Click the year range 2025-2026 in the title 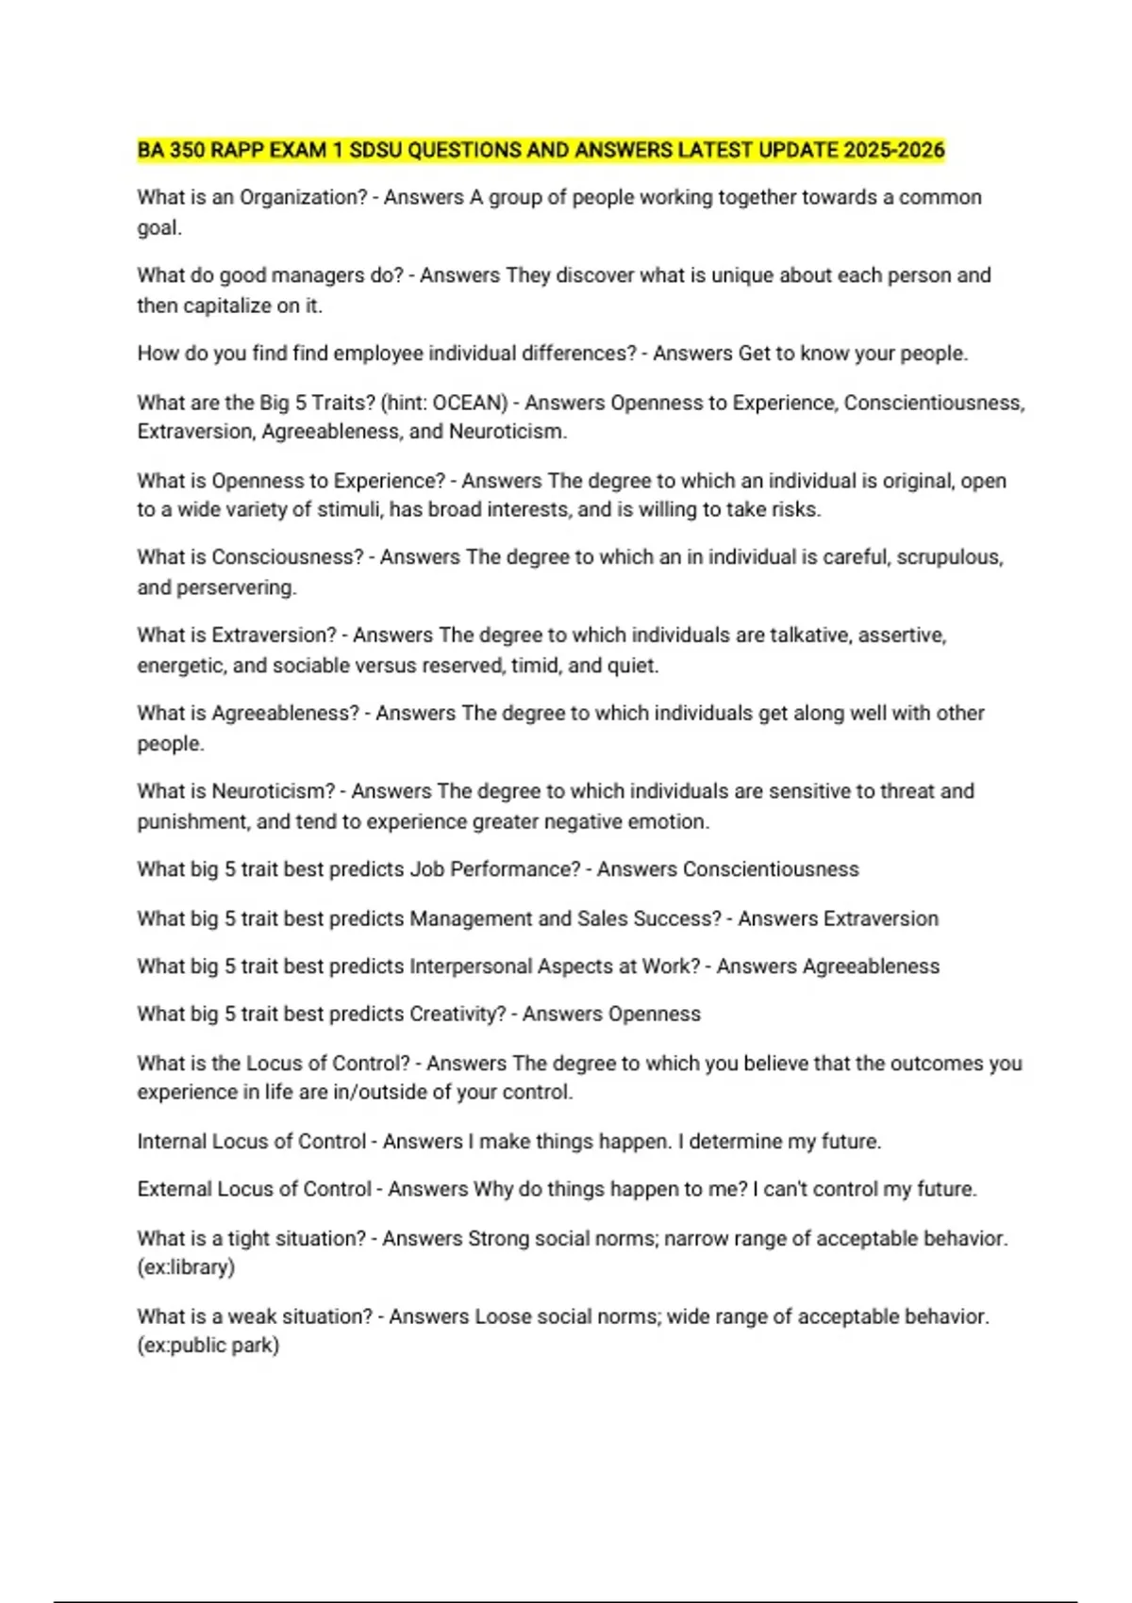click(894, 150)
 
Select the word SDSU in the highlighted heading click(375, 150)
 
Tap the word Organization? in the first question click(304, 197)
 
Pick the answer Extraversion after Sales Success click(838, 918)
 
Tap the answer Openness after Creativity click(655, 1014)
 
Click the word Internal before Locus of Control click(171, 1141)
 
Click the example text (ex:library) click(186, 1266)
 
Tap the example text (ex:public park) click(208, 1346)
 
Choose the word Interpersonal click(470, 967)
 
